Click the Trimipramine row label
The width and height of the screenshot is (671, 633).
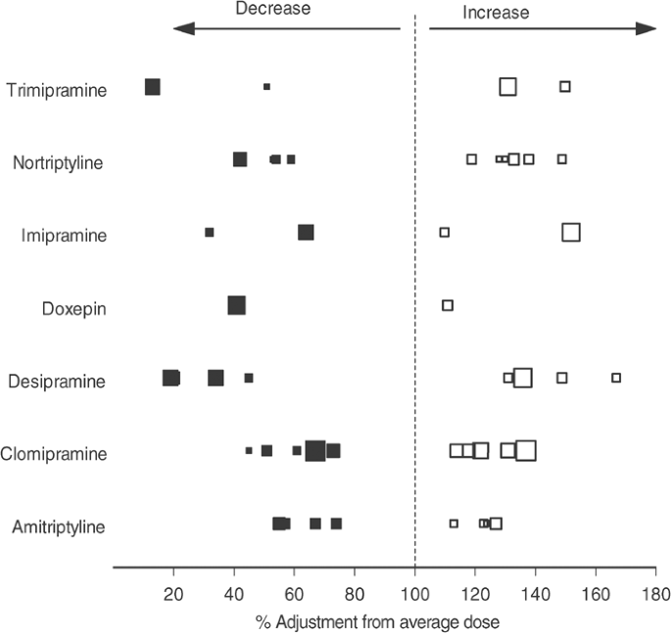click(56, 91)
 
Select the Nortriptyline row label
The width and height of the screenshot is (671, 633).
click(58, 163)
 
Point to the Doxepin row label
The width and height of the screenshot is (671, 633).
click(74, 309)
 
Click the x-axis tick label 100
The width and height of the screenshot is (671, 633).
click(415, 593)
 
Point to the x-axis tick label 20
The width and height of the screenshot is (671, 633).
click(173, 593)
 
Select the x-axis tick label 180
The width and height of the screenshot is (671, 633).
click(656, 593)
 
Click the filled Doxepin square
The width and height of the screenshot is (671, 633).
click(236, 306)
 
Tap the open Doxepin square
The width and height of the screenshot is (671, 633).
click(448, 305)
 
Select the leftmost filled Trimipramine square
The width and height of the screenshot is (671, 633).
click(152, 87)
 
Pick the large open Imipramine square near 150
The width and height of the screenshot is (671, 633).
click(571, 232)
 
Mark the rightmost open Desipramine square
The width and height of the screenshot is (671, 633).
click(616, 378)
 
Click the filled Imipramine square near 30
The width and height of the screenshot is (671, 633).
click(209, 232)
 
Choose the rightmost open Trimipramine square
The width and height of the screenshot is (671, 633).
click(565, 87)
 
